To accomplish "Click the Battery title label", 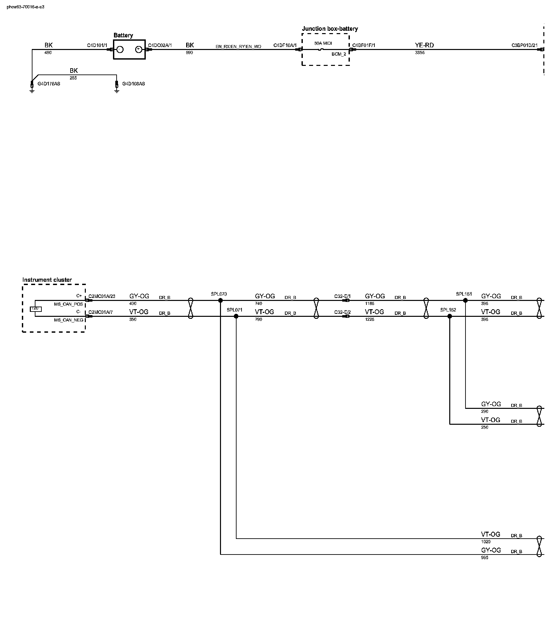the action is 123,35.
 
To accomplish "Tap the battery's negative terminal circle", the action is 120,50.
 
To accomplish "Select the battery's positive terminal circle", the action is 139,50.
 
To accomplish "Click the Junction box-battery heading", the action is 330,29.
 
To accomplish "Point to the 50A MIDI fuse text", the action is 323,43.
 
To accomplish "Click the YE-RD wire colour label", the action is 424,45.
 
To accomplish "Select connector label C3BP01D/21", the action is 524,45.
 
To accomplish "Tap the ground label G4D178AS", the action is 49,84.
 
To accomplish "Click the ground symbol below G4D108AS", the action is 117,90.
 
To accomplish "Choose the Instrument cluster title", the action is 47,280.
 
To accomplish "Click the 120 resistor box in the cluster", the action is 35,309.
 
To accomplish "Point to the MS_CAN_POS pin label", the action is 69,304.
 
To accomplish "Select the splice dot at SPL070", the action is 220,300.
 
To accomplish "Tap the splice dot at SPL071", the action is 236,316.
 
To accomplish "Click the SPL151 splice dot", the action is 465,300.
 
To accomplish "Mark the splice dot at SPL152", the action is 450,316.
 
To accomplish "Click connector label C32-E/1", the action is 342,296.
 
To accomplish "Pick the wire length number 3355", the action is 419,53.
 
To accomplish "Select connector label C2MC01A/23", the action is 102,296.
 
